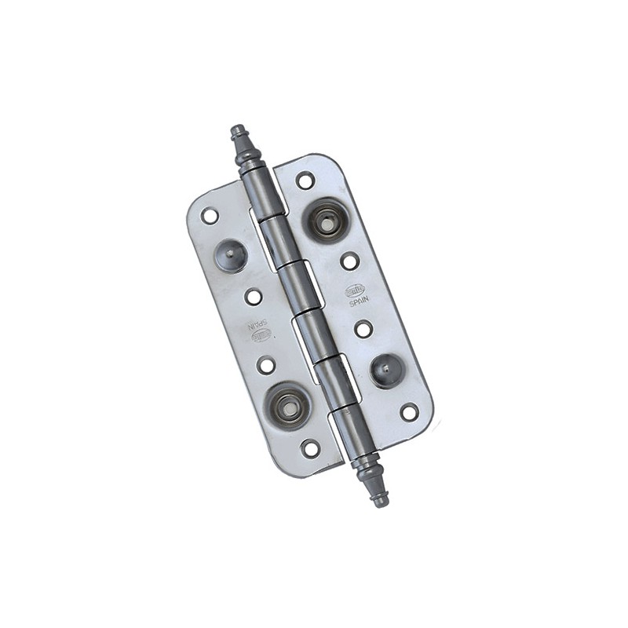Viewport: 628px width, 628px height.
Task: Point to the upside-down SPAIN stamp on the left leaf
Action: (259, 323)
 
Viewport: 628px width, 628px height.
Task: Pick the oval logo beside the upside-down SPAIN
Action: (261, 335)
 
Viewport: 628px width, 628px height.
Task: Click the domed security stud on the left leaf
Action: (230, 255)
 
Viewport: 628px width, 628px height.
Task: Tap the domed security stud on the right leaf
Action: (386, 371)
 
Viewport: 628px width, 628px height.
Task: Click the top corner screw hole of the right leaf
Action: (305, 181)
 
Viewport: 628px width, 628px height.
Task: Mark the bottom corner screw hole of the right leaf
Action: (409, 412)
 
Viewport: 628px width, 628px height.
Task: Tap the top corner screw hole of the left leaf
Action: (210, 215)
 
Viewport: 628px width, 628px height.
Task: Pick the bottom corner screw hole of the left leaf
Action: (311, 448)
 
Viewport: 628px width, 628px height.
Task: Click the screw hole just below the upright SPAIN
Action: (363, 329)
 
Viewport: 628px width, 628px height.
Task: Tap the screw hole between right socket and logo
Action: (349, 261)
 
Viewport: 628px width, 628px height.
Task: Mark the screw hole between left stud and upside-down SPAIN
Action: (253, 297)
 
